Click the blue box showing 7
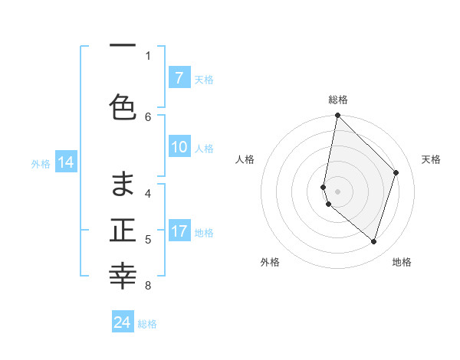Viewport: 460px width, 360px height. [179, 78]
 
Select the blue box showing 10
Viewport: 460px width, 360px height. [179, 148]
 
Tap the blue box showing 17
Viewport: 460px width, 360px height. [179, 231]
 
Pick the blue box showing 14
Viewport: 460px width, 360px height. [65, 162]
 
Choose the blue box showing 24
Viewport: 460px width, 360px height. [123, 322]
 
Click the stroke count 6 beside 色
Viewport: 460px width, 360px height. [149, 116]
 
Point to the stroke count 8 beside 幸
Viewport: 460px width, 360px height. [149, 286]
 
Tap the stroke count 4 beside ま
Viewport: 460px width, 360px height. [149, 193]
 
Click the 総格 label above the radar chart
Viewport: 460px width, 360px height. [337, 100]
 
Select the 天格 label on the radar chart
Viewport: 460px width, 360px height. [431, 159]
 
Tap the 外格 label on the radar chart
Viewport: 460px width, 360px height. [270, 262]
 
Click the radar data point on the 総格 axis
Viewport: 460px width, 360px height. [337, 115]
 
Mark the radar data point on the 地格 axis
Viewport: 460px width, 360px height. [373, 241]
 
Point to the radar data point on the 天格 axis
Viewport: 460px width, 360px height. [396, 172]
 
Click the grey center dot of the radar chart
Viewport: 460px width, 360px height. [337, 191]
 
